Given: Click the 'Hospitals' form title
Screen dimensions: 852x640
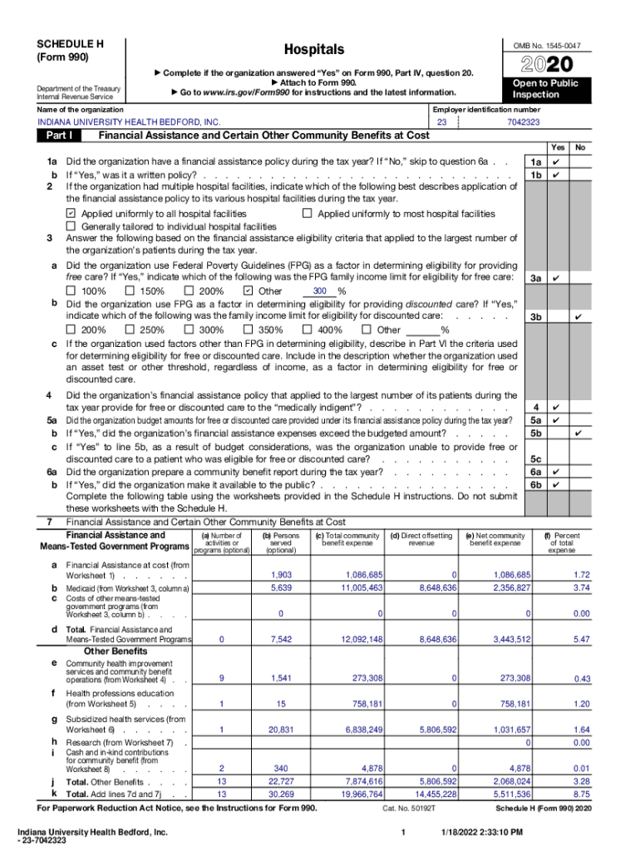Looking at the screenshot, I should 313,50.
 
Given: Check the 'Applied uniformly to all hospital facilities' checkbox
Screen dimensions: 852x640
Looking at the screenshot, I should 71,214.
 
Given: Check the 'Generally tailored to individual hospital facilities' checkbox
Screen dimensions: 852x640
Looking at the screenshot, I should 71,226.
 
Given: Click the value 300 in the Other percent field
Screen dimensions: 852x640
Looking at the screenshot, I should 319,291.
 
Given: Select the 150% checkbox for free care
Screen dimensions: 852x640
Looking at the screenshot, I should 129,291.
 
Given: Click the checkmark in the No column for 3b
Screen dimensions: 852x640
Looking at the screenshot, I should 578,317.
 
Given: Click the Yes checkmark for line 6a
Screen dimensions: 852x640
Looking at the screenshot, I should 556,471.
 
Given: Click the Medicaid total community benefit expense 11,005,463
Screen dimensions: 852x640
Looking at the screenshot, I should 359,587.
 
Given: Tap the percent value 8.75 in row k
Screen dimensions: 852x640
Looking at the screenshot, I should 581,795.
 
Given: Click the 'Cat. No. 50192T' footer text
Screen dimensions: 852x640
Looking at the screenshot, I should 405,808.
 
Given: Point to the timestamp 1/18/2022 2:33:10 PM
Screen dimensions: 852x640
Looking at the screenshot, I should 481,832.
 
